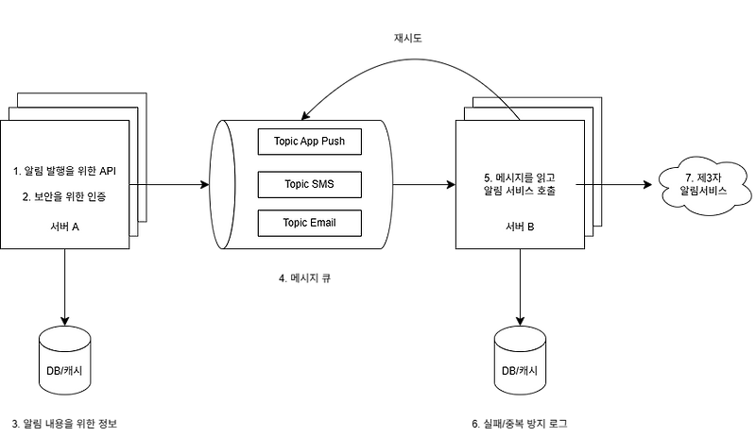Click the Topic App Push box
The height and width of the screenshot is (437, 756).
coord(310,142)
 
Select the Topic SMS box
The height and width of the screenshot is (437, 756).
coord(310,185)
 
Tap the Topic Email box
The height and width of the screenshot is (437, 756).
coord(310,223)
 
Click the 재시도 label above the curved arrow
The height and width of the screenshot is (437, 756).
coord(408,38)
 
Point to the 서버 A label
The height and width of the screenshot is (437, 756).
coord(64,227)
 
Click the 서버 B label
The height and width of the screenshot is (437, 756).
coord(520,227)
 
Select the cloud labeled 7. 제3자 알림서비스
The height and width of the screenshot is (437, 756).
coord(704,185)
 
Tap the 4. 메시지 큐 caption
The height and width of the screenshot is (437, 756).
coord(304,278)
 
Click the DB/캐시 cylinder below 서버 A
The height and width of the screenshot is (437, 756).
coord(64,361)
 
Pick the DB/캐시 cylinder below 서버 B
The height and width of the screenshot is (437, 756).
coord(520,361)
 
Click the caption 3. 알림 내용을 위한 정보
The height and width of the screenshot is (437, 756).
coord(64,424)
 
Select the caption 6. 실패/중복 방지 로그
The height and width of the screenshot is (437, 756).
coord(519,424)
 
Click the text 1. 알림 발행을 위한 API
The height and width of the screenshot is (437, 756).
coord(64,171)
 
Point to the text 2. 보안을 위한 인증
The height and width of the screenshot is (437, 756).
coord(64,196)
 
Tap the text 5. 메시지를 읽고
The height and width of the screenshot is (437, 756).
coord(520,177)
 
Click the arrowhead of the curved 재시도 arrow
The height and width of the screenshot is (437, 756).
coord(304,117)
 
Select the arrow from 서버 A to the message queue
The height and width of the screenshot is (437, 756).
coord(169,185)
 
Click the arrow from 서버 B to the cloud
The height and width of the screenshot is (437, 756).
coord(613,185)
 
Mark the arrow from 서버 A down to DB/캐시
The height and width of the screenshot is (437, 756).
coord(64,287)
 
